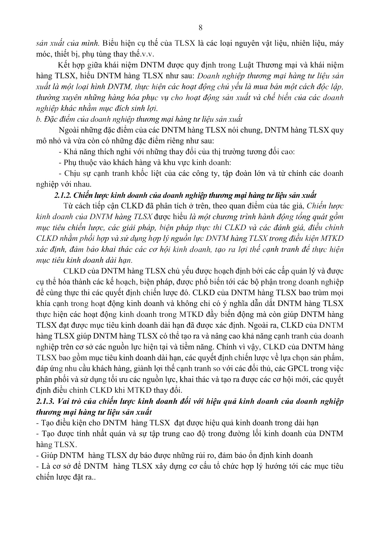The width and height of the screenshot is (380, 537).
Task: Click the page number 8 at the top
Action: (x=201, y=28)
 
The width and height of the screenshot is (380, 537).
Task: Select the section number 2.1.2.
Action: (x=63, y=195)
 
